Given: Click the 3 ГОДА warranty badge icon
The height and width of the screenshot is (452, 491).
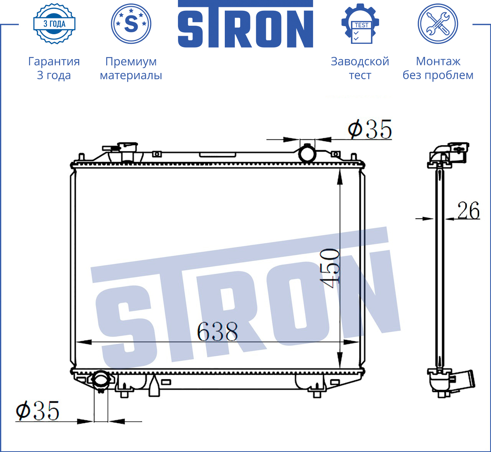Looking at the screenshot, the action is [x=54, y=24].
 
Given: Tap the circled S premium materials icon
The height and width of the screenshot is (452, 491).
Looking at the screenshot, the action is [x=131, y=24].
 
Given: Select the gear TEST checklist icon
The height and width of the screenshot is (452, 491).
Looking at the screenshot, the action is [x=360, y=24].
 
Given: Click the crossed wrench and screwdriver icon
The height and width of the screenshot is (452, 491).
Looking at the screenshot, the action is [x=438, y=24].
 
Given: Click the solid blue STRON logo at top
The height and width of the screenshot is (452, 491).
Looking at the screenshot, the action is [x=245, y=24].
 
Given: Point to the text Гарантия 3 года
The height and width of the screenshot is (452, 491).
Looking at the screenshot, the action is [x=54, y=68].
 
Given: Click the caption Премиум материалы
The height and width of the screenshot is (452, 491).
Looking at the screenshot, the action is [x=131, y=68].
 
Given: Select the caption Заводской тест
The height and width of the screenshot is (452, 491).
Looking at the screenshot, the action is [x=360, y=68].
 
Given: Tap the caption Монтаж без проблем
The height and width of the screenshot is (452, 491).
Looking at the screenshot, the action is [x=438, y=68].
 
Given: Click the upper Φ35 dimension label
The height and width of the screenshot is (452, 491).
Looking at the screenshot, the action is [x=370, y=129].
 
